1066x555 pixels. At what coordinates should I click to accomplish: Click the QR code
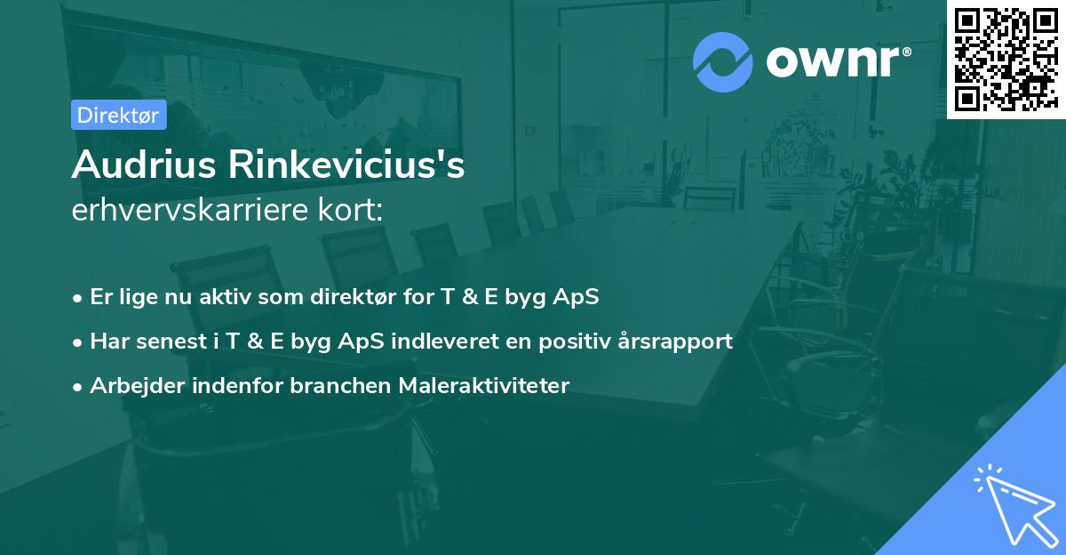(1006, 59)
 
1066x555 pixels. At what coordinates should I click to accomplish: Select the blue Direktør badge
(118, 115)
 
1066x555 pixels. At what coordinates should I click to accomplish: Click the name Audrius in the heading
(141, 165)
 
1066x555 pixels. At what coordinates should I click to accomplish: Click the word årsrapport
(677, 341)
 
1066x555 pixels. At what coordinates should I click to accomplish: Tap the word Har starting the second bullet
(107, 341)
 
